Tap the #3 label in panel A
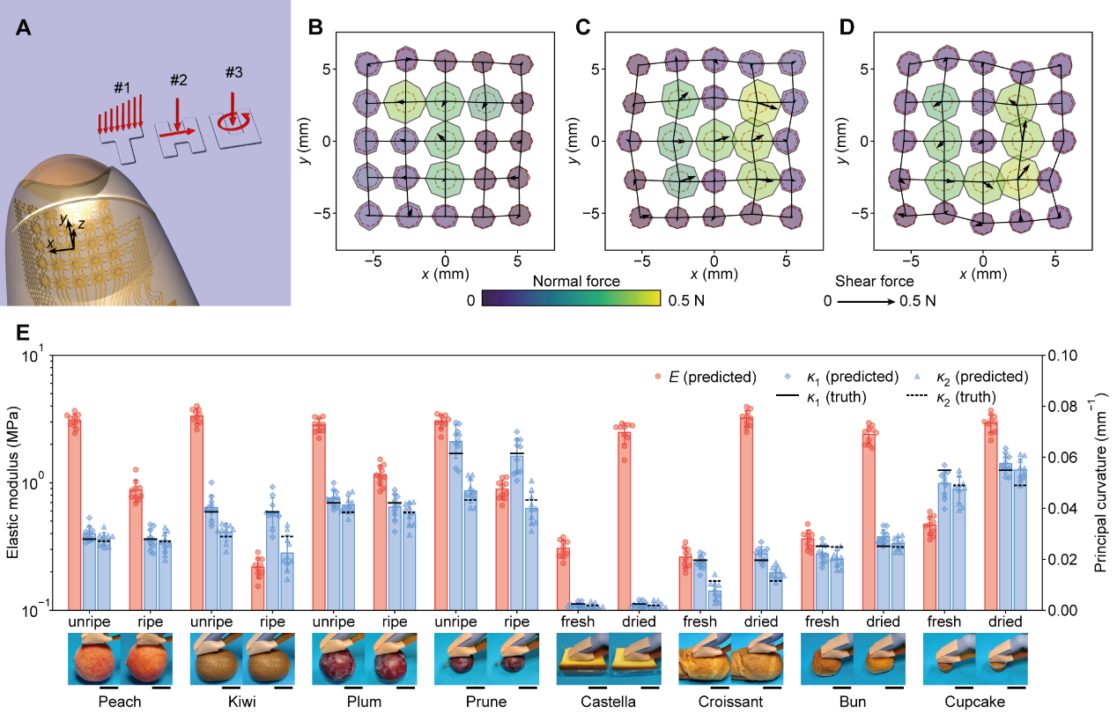(233, 72)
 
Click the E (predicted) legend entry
(706, 377)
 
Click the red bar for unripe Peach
(74, 515)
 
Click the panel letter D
(847, 26)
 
